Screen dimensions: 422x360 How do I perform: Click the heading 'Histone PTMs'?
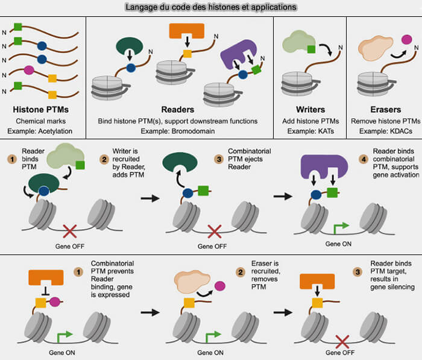click(x=40, y=110)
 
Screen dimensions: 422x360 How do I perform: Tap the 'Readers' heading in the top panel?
click(x=178, y=110)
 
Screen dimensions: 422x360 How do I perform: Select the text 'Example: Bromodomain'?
click(x=178, y=131)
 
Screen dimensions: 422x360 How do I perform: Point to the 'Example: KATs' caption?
click(x=310, y=131)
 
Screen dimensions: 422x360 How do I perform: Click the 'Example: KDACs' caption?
click(x=386, y=131)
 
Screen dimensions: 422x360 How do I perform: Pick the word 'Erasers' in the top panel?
click(x=386, y=110)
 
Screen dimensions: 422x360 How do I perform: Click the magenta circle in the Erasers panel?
click(x=407, y=40)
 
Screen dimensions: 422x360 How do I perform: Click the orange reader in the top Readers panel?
click(x=186, y=30)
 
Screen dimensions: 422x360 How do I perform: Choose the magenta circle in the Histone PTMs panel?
click(x=29, y=70)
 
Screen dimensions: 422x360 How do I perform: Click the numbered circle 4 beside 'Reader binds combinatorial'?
click(x=364, y=159)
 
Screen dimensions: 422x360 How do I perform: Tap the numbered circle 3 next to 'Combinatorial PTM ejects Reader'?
click(x=219, y=159)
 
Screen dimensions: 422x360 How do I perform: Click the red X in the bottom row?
click(x=342, y=342)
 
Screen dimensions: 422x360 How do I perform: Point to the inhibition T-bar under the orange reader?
click(x=46, y=291)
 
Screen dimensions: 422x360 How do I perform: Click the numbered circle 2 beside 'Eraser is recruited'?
click(x=241, y=272)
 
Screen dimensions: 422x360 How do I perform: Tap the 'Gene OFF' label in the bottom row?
click(x=340, y=352)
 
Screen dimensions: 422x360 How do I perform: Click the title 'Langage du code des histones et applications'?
click(x=211, y=7)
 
